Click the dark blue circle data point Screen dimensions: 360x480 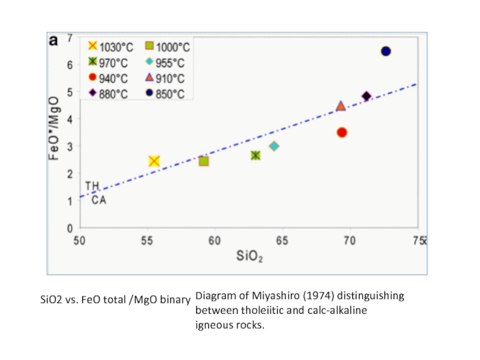tap(386, 51)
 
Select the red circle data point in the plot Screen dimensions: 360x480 tap(342, 132)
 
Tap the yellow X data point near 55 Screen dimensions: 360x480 tap(154, 161)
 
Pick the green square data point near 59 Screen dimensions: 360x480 tap(203, 161)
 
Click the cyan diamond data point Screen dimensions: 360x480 tap(274, 146)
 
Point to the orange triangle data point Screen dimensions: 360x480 tap(341, 106)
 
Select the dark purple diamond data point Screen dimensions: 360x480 tap(367, 96)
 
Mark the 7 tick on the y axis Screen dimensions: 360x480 tap(71, 37)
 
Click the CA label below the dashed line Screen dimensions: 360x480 tap(99, 200)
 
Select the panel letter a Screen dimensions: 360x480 tap(54, 40)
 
